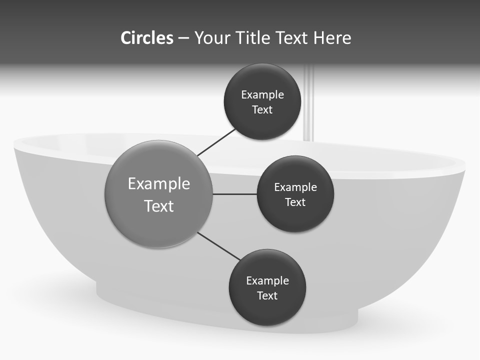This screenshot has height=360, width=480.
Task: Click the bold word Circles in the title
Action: (x=146, y=38)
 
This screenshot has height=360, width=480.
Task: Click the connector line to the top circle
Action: (x=215, y=143)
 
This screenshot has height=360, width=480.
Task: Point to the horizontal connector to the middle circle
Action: (x=234, y=194)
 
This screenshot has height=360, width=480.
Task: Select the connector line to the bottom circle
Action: (x=218, y=246)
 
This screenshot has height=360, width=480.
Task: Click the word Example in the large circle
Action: (x=159, y=183)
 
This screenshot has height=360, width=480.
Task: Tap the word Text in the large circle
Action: (x=159, y=206)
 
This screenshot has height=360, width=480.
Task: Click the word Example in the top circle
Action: (x=262, y=94)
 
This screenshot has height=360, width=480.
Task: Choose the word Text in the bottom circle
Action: (x=267, y=295)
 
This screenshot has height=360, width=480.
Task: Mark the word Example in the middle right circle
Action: (x=295, y=187)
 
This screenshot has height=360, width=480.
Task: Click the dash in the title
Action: (x=183, y=38)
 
